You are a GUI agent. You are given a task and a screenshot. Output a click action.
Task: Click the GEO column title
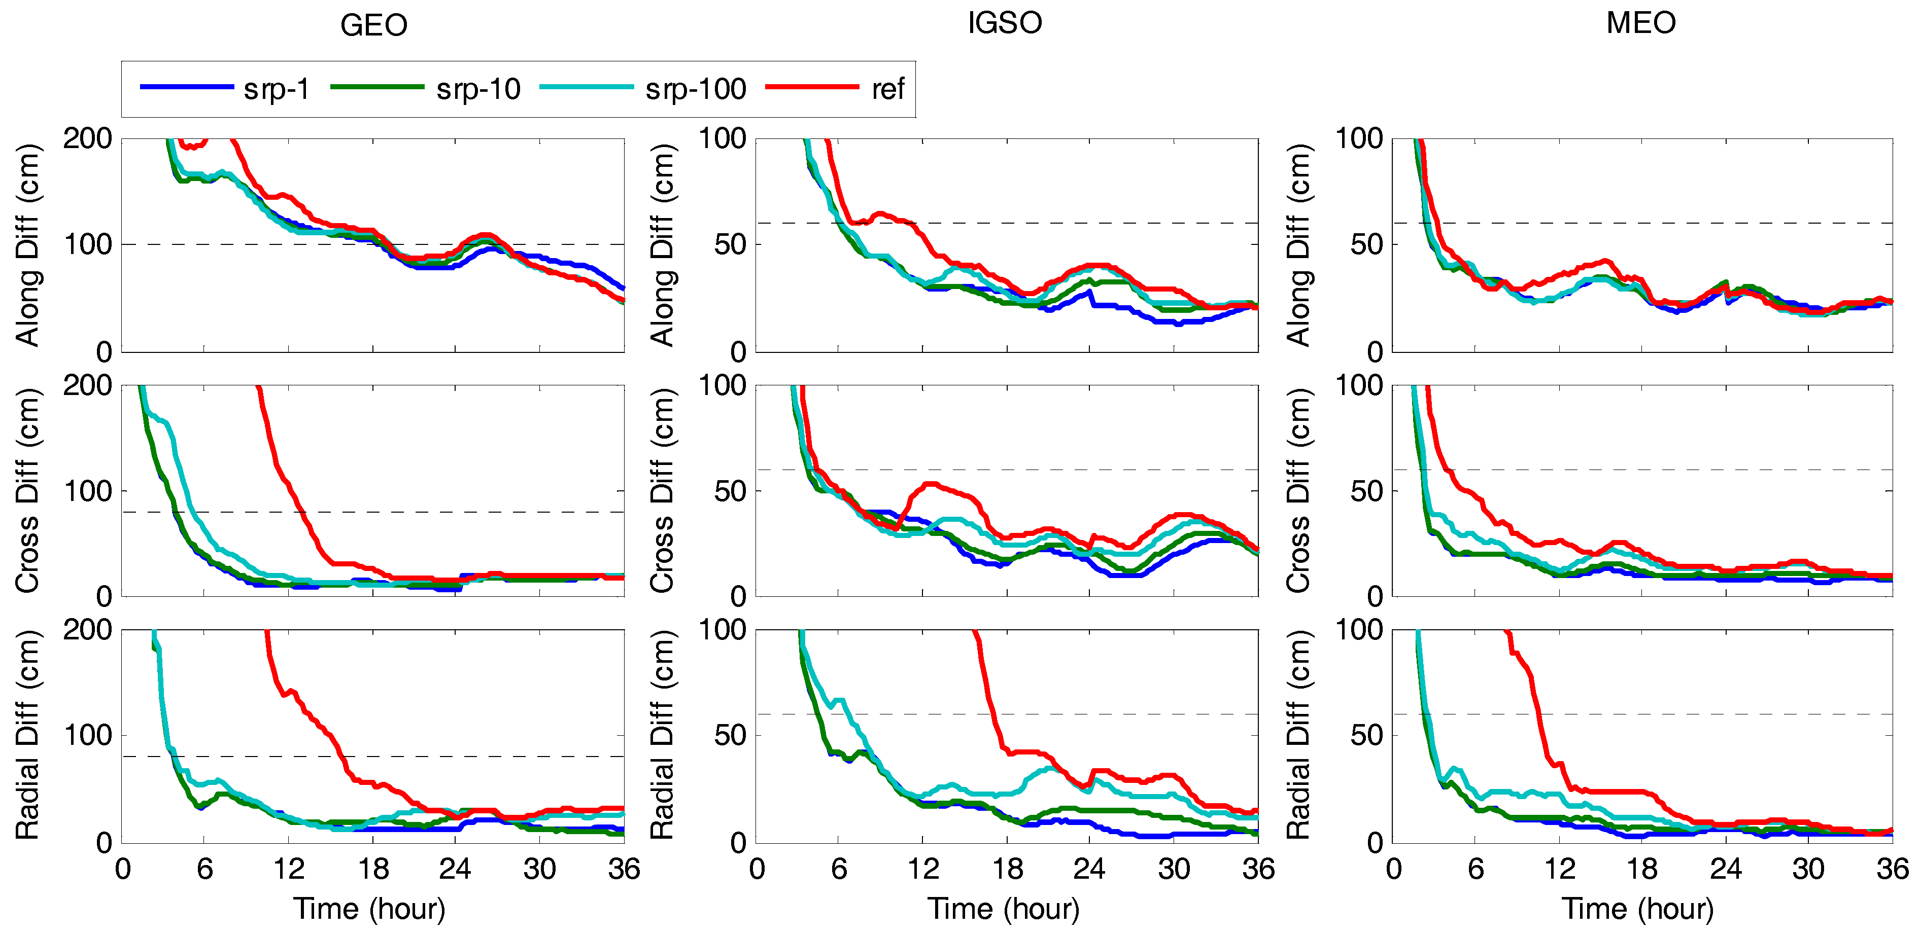tap(373, 25)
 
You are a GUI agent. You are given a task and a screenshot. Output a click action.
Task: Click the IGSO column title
tap(1005, 23)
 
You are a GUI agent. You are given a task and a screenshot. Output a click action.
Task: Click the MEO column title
tap(1640, 23)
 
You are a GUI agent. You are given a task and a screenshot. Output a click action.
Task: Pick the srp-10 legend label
tap(478, 89)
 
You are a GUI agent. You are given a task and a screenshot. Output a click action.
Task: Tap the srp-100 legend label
tap(695, 89)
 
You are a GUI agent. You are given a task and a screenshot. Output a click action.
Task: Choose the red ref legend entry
tap(887, 89)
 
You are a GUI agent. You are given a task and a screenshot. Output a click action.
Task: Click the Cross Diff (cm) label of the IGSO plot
tap(662, 490)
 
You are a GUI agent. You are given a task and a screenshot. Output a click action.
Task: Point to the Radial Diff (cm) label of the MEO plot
tap(1298, 735)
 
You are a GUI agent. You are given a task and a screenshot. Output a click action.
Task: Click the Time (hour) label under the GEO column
tap(369, 909)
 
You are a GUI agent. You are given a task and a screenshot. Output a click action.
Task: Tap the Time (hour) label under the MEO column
tap(1638, 909)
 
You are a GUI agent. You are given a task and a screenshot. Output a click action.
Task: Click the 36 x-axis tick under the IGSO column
tap(1258, 869)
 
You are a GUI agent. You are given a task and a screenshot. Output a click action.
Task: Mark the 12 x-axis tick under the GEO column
tap(289, 869)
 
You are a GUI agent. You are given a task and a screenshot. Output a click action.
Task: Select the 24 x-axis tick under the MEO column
tap(1725, 869)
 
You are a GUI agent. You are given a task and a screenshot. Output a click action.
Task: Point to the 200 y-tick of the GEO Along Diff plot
tap(87, 138)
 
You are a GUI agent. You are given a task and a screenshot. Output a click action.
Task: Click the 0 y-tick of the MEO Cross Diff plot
tap(1375, 596)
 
